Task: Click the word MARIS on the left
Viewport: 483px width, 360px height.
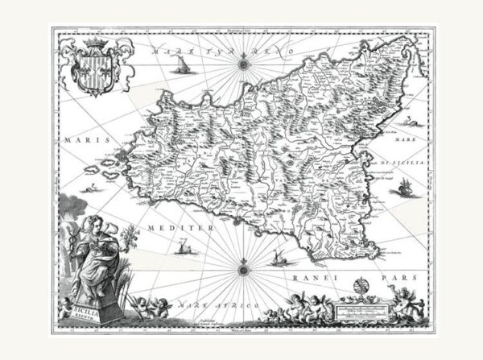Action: pos(80,139)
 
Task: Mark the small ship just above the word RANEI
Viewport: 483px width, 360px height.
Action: pos(281,259)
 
